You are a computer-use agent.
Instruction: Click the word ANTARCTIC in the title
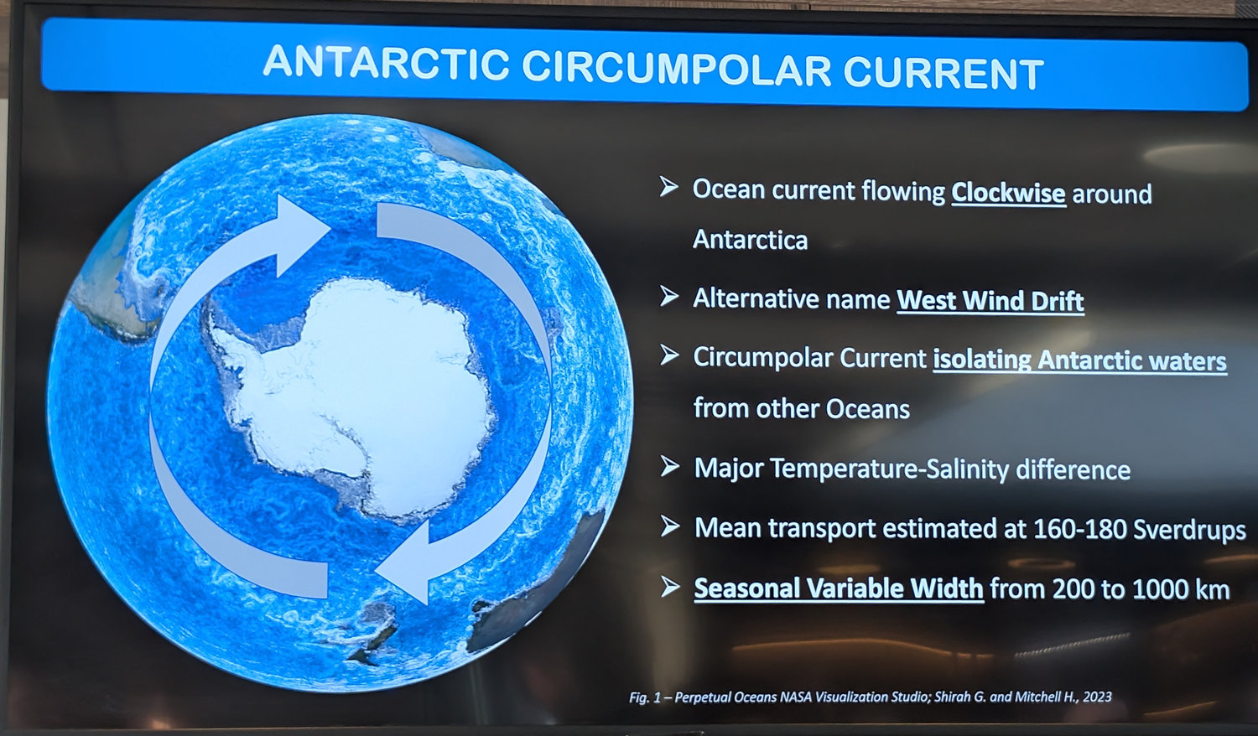tap(387, 62)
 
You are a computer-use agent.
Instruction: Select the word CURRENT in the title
tap(943, 73)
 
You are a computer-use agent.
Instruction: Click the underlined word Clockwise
tap(1008, 193)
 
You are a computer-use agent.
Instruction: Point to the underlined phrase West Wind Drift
tap(990, 300)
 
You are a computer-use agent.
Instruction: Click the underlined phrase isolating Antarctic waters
tap(1079, 360)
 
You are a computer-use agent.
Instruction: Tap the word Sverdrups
tap(1189, 530)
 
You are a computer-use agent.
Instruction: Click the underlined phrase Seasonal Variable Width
tap(839, 588)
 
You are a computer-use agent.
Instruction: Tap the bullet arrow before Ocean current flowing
tap(669, 186)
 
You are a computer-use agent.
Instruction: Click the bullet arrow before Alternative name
tap(669, 296)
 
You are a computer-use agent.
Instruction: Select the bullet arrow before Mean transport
tap(670, 526)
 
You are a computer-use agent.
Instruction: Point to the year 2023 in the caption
tap(1097, 697)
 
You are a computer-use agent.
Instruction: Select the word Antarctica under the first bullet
tap(751, 240)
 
